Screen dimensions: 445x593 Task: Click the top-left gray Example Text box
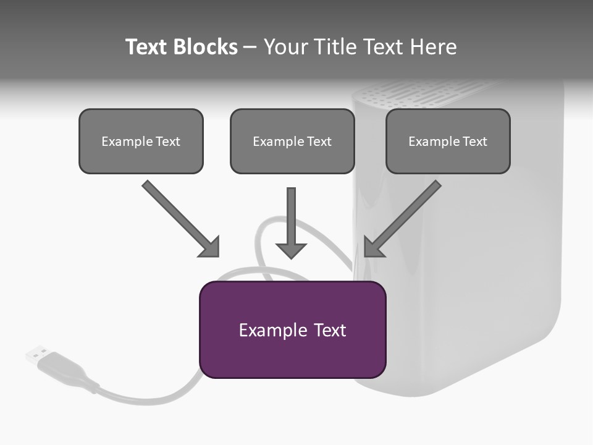pyautogui.click(x=141, y=141)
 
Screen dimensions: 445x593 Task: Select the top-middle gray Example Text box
pyautogui.click(x=292, y=141)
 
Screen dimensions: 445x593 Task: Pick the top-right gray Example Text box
pyautogui.click(x=448, y=141)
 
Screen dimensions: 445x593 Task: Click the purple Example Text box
pyautogui.click(x=292, y=329)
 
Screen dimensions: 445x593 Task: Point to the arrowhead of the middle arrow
pyautogui.click(x=292, y=250)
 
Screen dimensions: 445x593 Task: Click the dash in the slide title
pyautogui.click(x=250, y=47)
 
